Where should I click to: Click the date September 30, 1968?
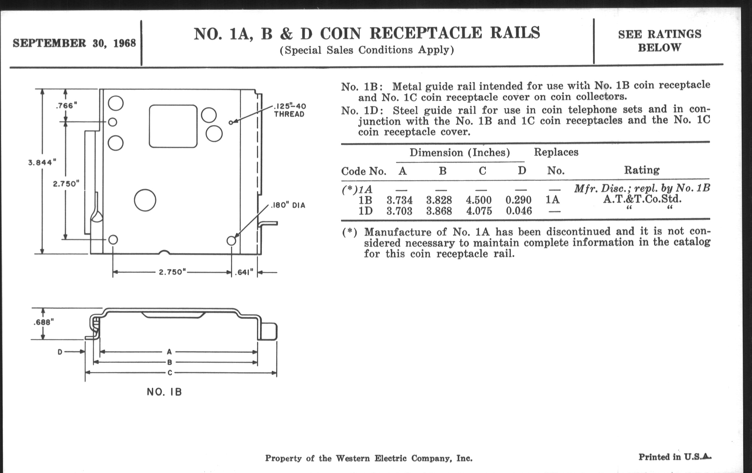pos(74,43)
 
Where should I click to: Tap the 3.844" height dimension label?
pos(42,162)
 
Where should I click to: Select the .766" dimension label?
pos(66,105)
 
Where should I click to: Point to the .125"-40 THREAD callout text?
pos(289,110)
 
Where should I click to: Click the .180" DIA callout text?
pos(288,206)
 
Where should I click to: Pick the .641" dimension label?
pos(244,272)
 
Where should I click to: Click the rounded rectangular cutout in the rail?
pos(173,126)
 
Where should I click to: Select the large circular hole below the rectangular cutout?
pos(145,200)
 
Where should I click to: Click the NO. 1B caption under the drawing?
pos(164,392)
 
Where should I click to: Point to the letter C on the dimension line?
pos(169,373)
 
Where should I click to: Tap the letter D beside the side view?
pos(60,352)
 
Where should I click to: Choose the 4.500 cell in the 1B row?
pos(479,200)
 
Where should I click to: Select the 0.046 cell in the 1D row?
pos(519,211)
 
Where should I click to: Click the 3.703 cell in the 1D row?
pos(399,211)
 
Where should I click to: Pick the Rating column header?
pos(642,170)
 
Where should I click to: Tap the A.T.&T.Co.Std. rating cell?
pos(642,199)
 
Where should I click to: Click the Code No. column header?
pos(364,171)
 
